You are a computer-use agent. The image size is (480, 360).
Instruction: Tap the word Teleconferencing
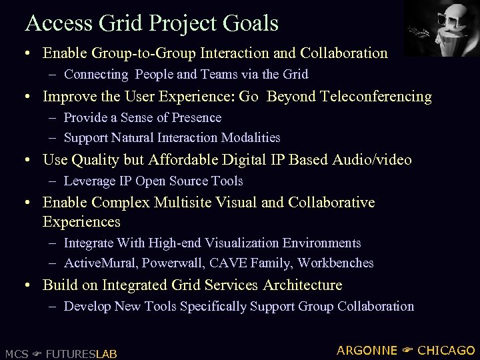pyautogui.click(x=376, y=97)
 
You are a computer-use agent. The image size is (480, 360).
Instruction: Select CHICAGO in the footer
pyautogui.click(x=447, y=351)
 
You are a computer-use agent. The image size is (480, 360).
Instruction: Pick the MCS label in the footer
pyautogui.click(x=16, y=353)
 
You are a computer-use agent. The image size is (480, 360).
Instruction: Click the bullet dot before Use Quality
pyautogui.click(x=29, y=161)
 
